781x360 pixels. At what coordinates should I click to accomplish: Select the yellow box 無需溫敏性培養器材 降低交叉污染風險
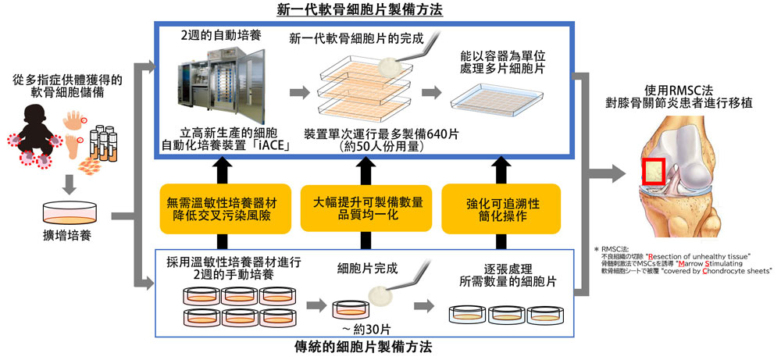(x=219, y=209)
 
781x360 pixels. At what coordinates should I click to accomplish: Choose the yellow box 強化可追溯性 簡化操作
(x=501, y=209)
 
